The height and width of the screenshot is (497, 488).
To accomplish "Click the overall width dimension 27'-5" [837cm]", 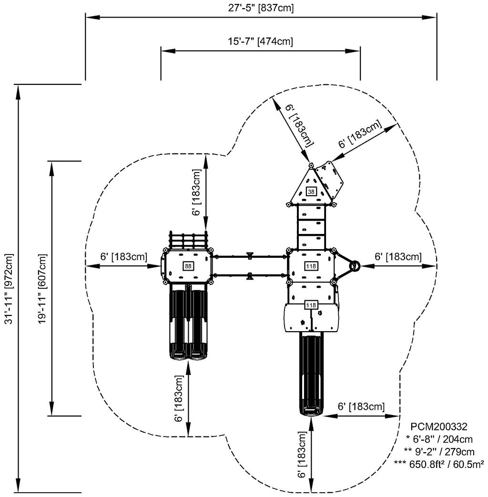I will pos(260,8).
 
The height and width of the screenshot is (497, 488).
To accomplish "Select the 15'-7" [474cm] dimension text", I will pos(260,41).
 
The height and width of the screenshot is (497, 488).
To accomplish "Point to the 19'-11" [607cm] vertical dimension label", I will pos(43,289).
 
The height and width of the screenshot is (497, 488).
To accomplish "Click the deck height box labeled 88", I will pos(188,266).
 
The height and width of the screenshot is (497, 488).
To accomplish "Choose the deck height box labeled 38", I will pos(311,192).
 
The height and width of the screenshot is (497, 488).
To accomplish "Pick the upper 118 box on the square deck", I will pos(311,266).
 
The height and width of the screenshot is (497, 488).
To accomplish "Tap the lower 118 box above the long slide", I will pos(311,305).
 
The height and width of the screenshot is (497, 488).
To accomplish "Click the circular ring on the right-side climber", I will pos(355,266).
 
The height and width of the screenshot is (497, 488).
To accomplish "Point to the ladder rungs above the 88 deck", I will pos(189,241).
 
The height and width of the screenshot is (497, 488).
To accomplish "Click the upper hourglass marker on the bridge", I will pos(249,256).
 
